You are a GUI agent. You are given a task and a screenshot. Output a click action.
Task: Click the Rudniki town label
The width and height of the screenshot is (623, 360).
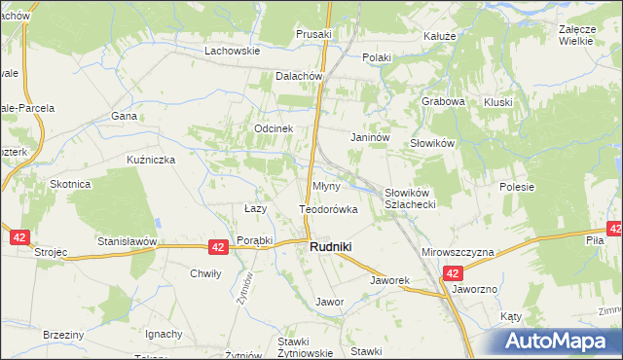(330, 247)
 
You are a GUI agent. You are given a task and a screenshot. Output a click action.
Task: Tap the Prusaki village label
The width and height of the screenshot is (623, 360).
(313, 34)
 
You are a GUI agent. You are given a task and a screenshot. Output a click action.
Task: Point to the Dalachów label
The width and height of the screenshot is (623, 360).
(299, 76)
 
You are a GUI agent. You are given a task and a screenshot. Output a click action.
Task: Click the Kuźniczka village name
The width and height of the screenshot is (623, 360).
(150, 159)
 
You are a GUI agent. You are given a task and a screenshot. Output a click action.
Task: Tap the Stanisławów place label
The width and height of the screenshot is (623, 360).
(127, 240)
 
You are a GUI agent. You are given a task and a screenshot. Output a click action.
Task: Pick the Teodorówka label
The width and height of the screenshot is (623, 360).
(328, 209)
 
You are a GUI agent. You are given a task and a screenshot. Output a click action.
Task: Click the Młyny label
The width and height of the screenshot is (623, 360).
(325, 186)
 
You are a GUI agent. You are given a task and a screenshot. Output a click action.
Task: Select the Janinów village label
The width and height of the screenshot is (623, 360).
(370, 138)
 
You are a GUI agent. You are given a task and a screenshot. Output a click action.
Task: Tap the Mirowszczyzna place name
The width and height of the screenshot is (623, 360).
(458, 252)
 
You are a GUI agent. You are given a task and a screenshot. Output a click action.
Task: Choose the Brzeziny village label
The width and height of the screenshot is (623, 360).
(63, 334)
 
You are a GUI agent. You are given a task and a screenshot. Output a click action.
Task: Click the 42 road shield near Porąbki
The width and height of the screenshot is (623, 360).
(218, 248)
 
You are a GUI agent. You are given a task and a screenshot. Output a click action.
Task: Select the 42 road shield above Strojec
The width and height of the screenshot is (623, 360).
(19, 236)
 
